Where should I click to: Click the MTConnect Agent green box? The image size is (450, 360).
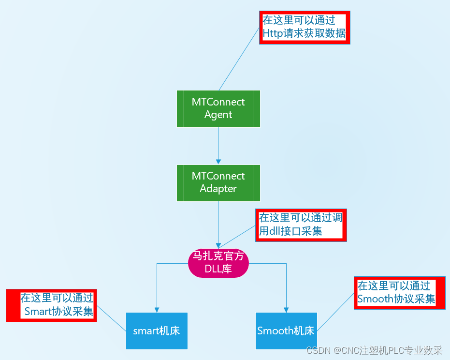tap(218, 108)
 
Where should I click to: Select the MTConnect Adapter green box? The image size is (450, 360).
tap(218, 182)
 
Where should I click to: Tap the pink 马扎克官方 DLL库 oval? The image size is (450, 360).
tap(218, 263)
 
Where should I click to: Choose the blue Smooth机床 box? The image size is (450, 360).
tap(286, 331)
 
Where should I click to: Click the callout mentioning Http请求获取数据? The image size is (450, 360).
tap(305, 27)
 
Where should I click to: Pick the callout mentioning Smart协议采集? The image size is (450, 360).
tap(51, 305)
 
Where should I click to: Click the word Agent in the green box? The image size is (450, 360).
tap(218, 115)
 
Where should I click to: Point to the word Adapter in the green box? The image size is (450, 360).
tap(218, 189)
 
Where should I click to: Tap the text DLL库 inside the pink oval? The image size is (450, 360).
tap(218, 269)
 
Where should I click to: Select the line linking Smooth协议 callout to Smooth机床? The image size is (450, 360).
tap(336, 312)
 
